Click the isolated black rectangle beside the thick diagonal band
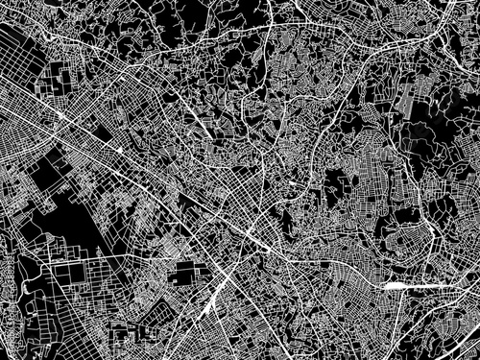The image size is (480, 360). coord(180,276)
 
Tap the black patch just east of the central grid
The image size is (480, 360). coord(336,182)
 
